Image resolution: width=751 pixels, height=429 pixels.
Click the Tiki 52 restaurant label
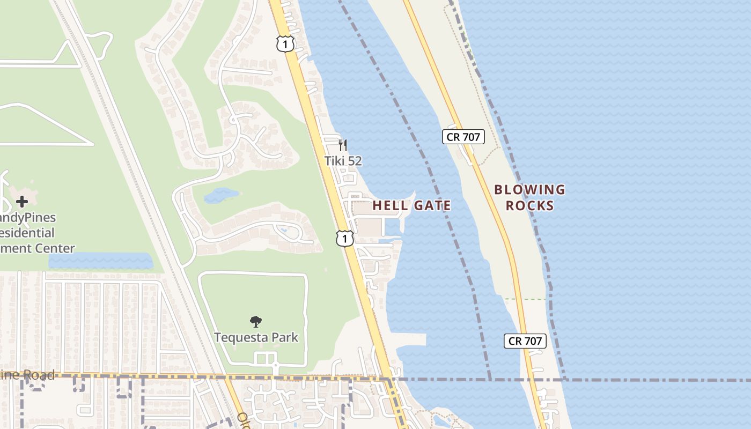click(343, 160)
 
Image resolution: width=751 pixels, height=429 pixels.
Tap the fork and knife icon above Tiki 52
click(343, 145)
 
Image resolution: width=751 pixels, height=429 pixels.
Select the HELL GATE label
click(411, 205)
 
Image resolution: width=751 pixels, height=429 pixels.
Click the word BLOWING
click(530, 190)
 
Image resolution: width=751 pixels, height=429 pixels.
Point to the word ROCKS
click(530, 205)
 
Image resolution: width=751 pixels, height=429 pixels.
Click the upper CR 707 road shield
click(463, 137)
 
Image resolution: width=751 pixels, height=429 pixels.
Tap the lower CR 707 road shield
click(525, 341)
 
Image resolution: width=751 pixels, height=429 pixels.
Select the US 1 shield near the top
click(285, 43)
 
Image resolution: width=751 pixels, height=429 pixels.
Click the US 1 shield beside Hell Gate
click(344, 238)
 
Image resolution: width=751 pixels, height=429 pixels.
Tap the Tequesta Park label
click(256, 337)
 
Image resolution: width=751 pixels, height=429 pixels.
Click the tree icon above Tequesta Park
click(256, 322)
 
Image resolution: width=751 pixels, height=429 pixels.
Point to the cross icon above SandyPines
click(22, 202)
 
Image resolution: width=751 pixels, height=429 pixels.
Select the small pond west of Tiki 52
click(221, 195)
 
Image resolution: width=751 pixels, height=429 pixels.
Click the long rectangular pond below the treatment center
click(100, 261)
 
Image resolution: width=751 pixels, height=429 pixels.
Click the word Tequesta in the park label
click(240, 337)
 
